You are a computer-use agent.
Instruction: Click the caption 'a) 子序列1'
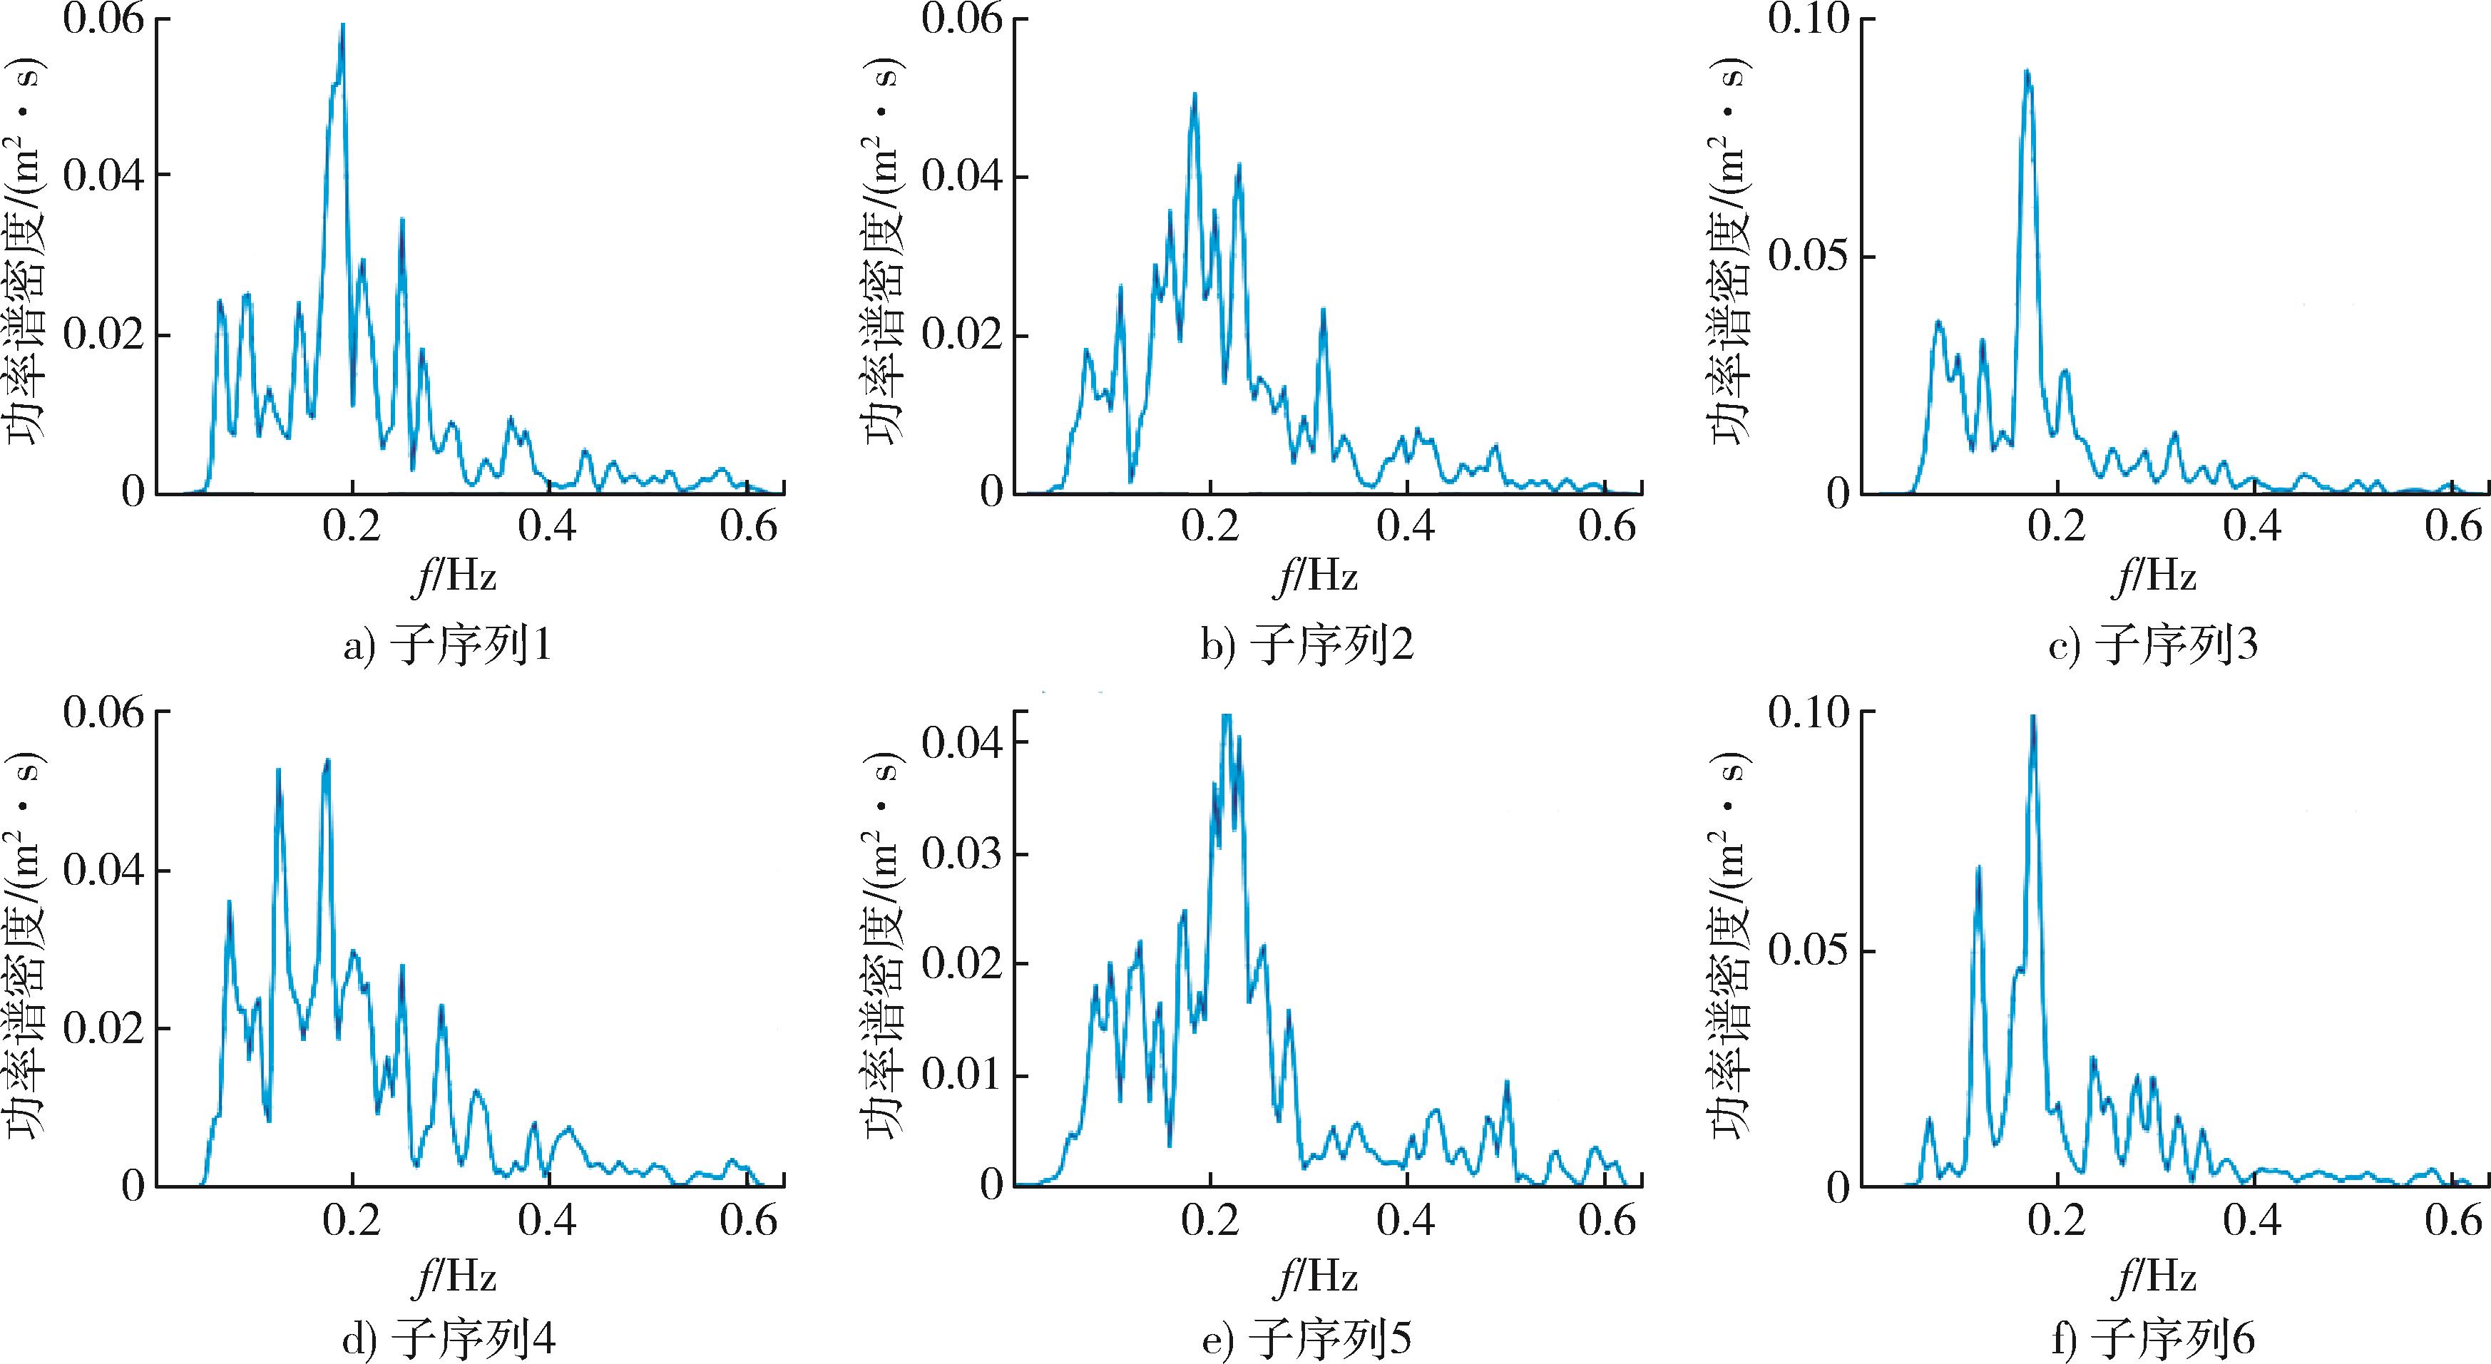[448, 645]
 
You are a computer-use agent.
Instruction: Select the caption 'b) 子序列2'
[1306, 645]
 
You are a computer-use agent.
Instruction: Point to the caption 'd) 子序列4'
[449, 1339]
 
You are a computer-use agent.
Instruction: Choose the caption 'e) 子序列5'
[1306, 1339]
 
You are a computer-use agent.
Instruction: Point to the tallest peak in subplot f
[2032, 717]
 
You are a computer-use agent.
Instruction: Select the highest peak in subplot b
[1195, 95]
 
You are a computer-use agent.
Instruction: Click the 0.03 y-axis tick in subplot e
[962, 855]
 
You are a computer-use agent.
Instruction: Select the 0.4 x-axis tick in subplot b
[1407, 529]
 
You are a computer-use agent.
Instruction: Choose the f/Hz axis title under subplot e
[1316, 1277]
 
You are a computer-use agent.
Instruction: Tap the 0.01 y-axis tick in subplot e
[962, 1075]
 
